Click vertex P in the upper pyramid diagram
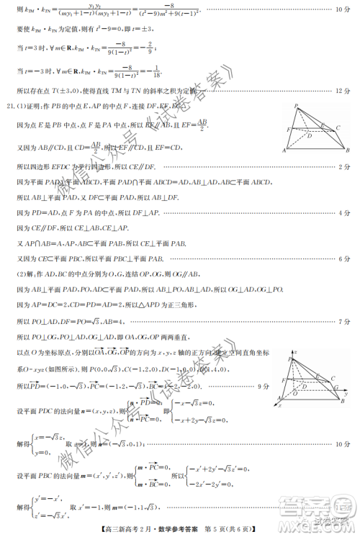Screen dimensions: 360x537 [295, 105]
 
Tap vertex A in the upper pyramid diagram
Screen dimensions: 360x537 [285, 152]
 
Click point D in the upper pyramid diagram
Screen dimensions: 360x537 [310, 135]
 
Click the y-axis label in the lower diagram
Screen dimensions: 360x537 [346, 394]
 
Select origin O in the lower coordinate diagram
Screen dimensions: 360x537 [294, 394]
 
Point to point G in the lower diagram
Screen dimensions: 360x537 [337, 387]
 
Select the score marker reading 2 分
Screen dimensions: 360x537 [344, 167]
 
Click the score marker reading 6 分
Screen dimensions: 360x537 [344, 258]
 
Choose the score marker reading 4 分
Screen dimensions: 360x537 [344, 213]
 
